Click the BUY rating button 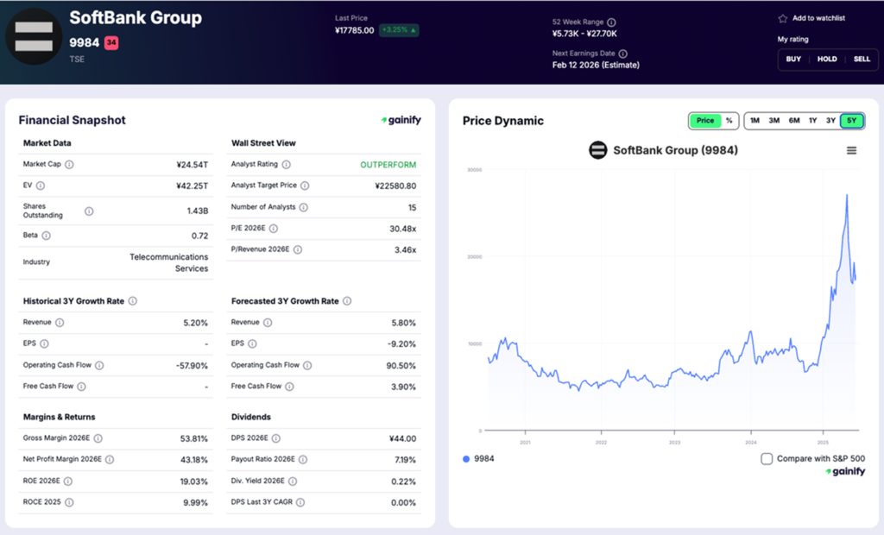pyautogui.click(x=793, y=59)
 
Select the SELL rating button pyautogui.click(x=862, y=59)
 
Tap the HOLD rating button pyautogui.click(x=827, y=59)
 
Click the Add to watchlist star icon pyautogui.click(x=782, y=18)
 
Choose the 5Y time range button pyautogui.click(x=851, y=121)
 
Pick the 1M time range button pyautogui.click(x=755, y=121)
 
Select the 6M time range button pyautogui.click(x=794, y=121)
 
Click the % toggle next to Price pyautogui.click(x=729, y=121)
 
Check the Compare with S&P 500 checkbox pyautogui.click(x=767, y=458)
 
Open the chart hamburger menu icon pyautogui.click(x=851, y=150)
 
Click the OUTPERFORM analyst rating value pyautogui.click(x=388, y=164)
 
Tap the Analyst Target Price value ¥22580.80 pyautogui.click(x=395, y=186)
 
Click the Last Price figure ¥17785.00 pyautogui.click(x=354, y=30)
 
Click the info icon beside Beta pyautogui.click(x=46, y=236)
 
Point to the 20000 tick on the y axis pyautogui.click(x=474, y=256)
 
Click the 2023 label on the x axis pyautogui.click(x=675, y=442)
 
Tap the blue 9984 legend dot pyautogui.click(x=466, y=458)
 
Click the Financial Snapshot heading pyautogui.click(x=72, y=121)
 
